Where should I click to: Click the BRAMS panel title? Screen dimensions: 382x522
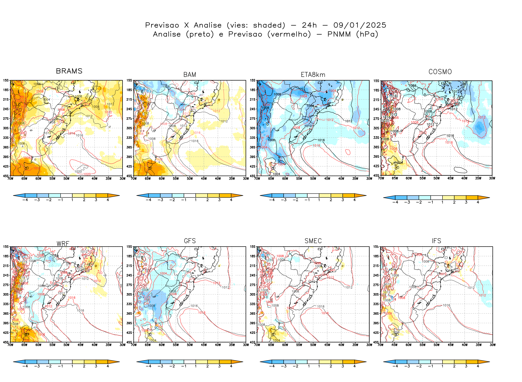pos(69,71)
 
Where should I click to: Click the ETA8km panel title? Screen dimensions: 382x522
pos(313,75)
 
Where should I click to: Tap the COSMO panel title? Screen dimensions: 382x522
pos(440,72)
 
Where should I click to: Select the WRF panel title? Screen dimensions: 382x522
pos(63,244)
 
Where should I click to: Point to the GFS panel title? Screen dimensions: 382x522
pos(190,241)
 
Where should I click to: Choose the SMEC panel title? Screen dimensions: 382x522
pos(313,241)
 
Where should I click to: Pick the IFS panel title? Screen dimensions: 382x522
pos(436,241)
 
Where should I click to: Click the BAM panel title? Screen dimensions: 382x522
pos(190,75)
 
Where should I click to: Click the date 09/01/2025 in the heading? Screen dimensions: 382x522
pos(360,25)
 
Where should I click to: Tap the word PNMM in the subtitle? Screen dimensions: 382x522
pos(339,34)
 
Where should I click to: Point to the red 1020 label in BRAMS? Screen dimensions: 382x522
pos(87,174)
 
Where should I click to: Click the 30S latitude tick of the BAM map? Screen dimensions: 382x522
pos(129,128)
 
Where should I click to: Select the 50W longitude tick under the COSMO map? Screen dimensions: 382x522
pos(436,178)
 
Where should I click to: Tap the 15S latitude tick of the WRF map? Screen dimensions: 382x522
pos(6,247)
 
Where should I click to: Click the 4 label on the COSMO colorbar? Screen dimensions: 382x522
pos(478,202)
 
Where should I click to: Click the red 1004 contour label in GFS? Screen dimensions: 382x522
pos(163,273)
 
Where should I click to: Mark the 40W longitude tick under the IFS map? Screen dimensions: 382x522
pos(464,345)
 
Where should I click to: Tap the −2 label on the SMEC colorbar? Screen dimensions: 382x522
pos(295,366)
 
